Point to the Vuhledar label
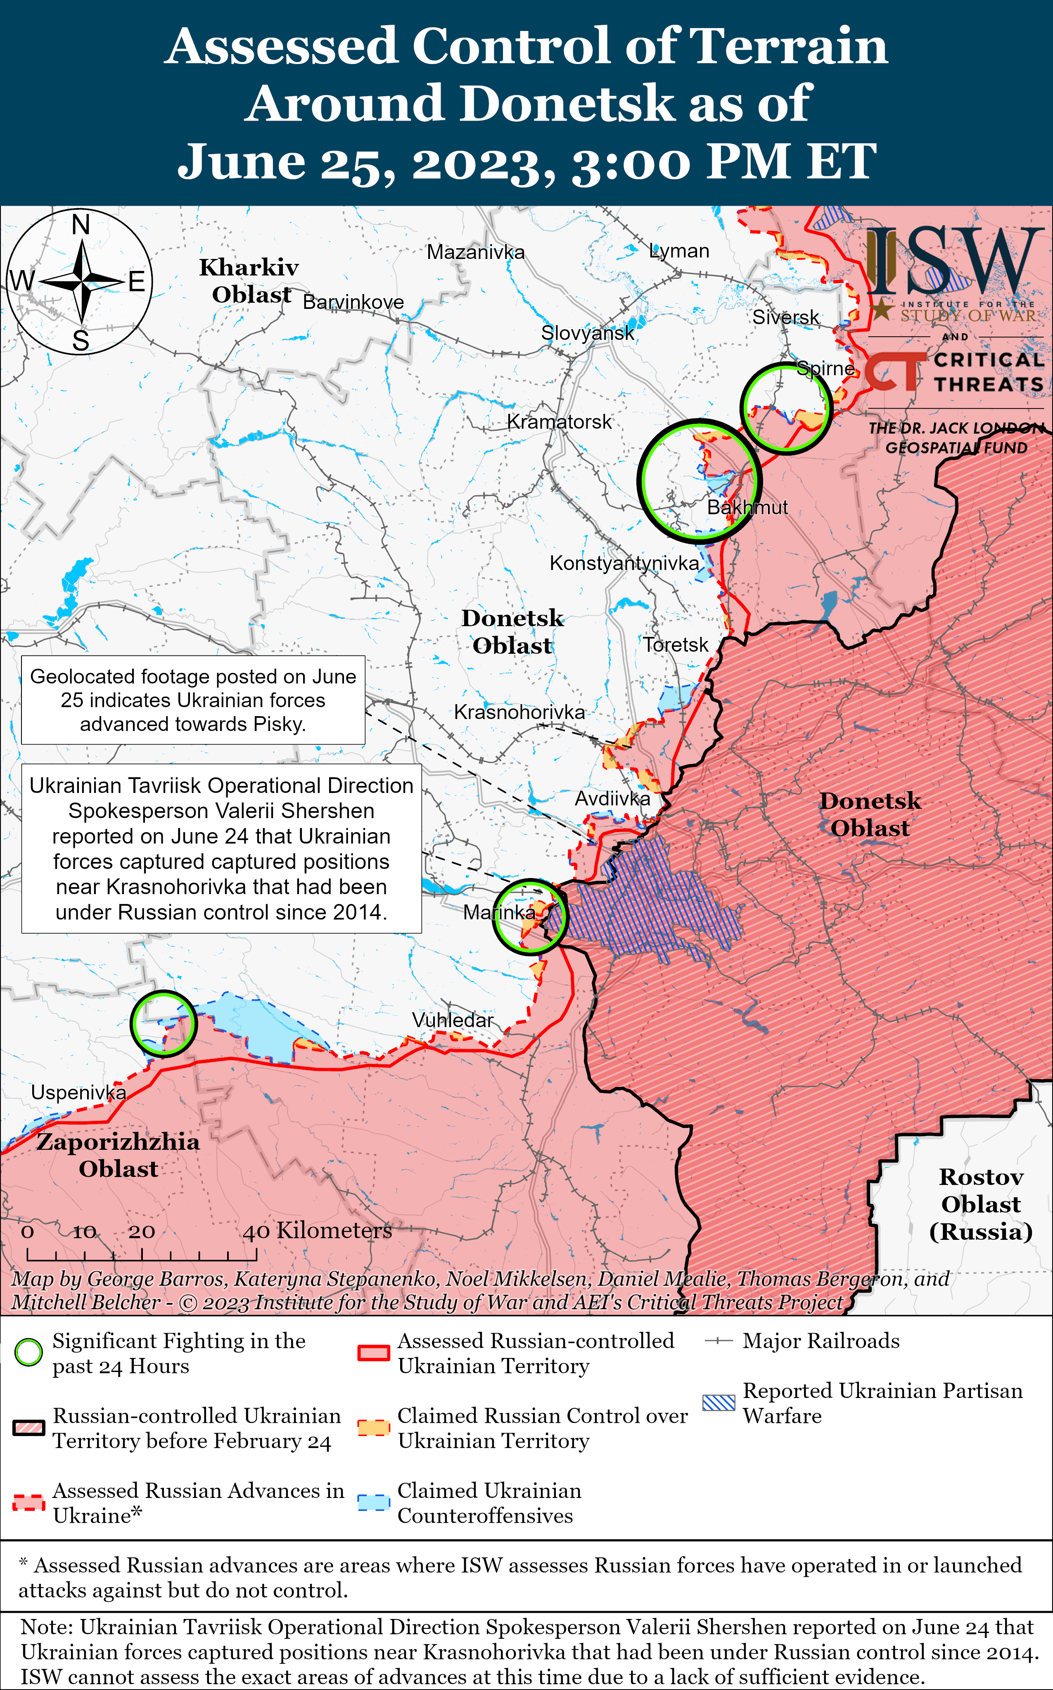tap(452, 1020)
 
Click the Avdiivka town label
tap(612, 799)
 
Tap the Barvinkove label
tap(353, 302)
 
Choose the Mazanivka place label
tap(476, 252)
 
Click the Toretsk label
tap(675, 645)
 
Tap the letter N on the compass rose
tap(81, 225)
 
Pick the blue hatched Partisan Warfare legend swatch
tap(719, 1403)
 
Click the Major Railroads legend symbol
tap(719, 1341)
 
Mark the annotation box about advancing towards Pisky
tap(193, 700)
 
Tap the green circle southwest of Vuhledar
tap(164, 1023)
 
